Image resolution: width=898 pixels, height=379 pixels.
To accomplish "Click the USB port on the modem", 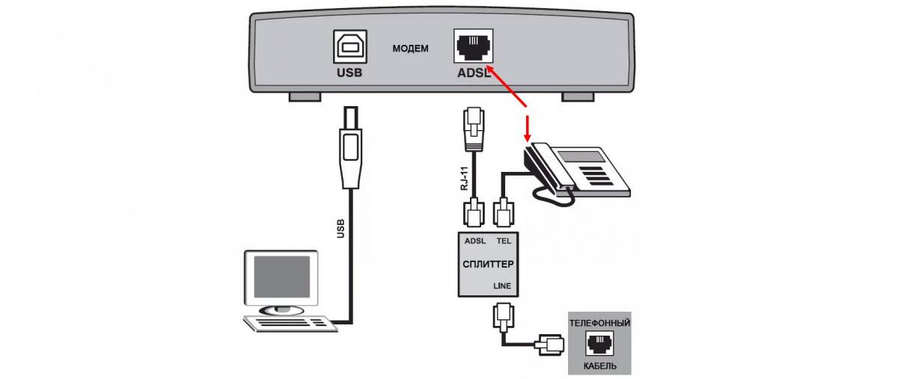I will point(349,47).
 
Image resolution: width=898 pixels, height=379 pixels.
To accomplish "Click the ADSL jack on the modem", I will point(473,47).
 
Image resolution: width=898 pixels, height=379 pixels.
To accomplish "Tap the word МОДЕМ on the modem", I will point(411,49).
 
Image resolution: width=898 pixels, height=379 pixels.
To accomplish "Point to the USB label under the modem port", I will point(349,73).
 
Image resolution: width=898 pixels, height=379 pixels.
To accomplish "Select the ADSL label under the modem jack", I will point(474,73).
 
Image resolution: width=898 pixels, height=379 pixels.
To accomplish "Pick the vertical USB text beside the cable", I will point(340,228).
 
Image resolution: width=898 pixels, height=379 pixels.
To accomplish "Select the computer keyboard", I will point(288,323).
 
